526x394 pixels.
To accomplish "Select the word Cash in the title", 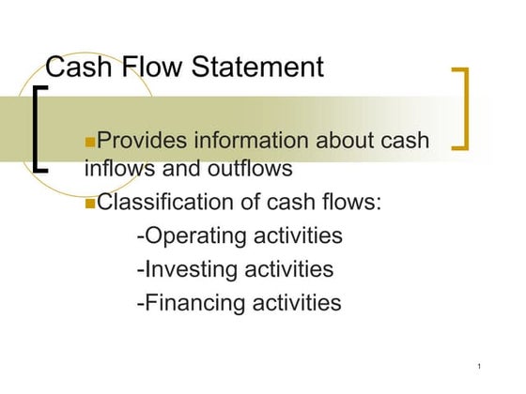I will pyautogui.click(x=80, y=68).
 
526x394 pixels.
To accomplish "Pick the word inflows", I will pyautogui.click(x=118, y=170).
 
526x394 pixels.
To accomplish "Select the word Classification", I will pyautogui.click(x=167, y=203).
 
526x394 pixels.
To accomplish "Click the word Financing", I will pyautogui.click(x=193, y=303).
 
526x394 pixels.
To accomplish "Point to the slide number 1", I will pyautogui.click(x=479, y=365).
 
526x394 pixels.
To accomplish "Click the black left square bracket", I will pyautogui.click(x=39, y=129).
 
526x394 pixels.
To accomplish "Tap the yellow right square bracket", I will pyautogui.click(x=461, y=108).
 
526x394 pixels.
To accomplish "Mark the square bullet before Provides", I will pyautogui.click(x=90, y=142).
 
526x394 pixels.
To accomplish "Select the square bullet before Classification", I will pyautogui.click(x=90, y=204).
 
